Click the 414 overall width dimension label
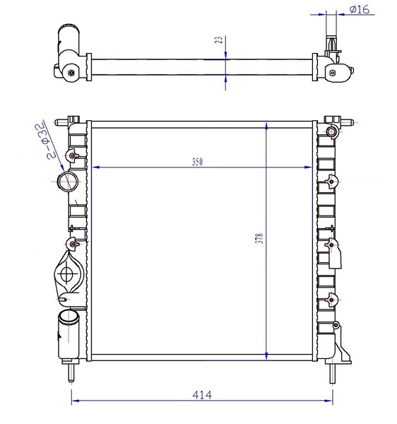pyautogui.click(x=202, y=395)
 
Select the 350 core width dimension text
pyautogui.click(x=197, y=162)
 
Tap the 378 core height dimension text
pyautogui.click(x=259, y=238)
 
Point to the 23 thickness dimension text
pyautogui.click(x=220, y=40)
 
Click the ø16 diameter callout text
pyautogui.click(x=360, y=9)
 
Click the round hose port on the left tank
pyautogui.click(x=68, y=182)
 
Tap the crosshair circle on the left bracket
pyautogui.click(x=66, y=274)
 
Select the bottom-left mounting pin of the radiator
pyautogui.click(x=71, y=372)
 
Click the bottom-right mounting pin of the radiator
pyautogui.click(x=333, y=373)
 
